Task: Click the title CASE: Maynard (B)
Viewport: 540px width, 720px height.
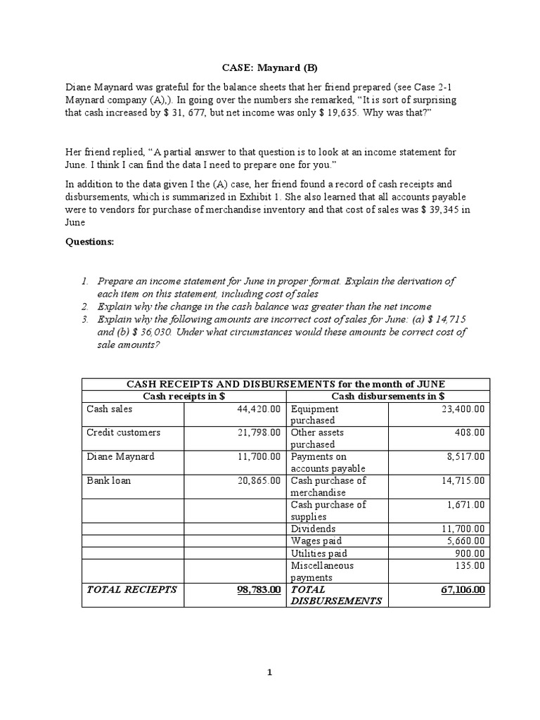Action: pos(269,68)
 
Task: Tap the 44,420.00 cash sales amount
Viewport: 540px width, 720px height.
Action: pos(257,409)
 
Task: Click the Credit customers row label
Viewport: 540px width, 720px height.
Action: pos(123,432)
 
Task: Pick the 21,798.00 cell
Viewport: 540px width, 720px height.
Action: pos(257,432)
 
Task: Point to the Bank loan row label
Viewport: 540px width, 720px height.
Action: pos(108,480)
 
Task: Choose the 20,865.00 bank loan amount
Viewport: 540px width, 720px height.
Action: pos(257,480)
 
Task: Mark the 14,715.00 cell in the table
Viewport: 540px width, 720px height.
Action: pos(461,480)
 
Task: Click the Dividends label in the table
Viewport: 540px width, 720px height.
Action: pos(313,528)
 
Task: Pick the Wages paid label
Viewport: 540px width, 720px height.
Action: pos(316,540)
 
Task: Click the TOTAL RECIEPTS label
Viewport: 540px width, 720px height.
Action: pos(131,589)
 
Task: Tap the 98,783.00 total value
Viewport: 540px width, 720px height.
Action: pos(254,589)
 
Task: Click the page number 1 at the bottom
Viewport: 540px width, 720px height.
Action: pos(269,672)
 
